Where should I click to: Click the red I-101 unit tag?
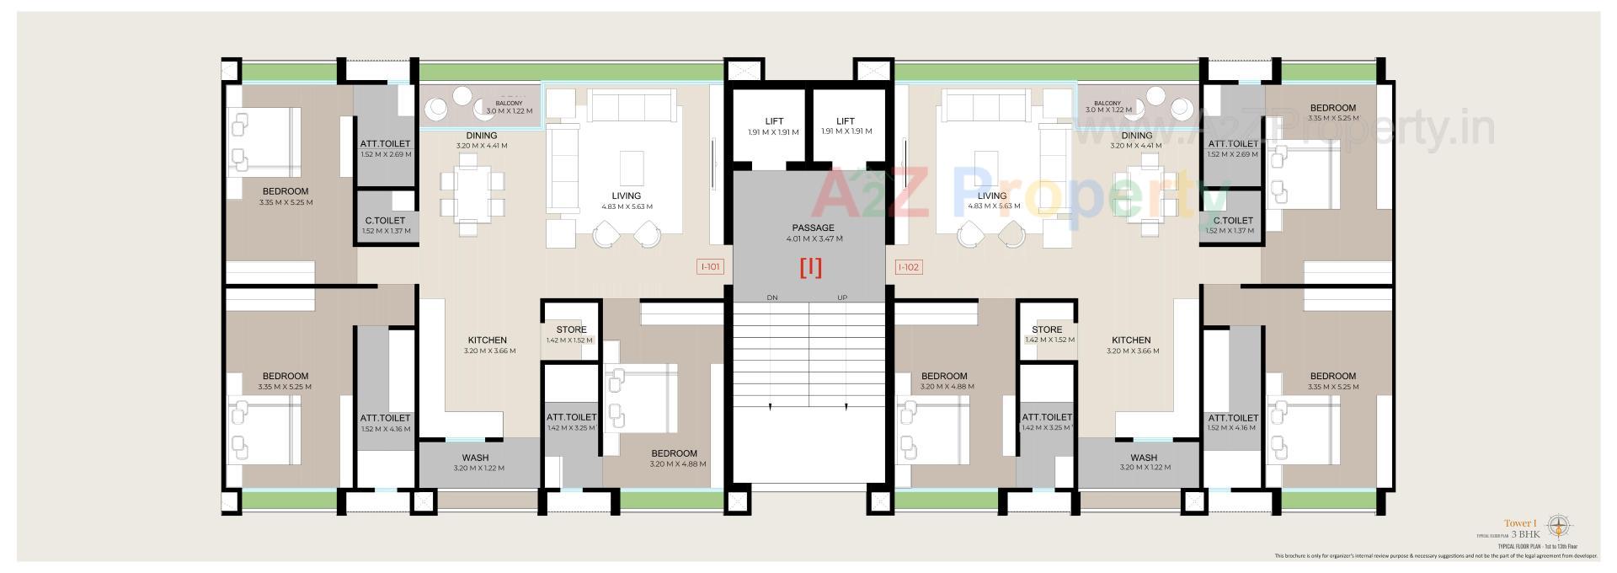(711, 267)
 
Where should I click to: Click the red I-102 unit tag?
(909, 267)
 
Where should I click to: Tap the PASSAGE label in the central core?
(813, 228)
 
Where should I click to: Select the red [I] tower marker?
(810, 268)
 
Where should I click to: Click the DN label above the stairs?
(772, 297)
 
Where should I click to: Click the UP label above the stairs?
(842, 297)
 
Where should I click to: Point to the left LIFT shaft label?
(774, 121)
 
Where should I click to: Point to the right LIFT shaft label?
(846, 121)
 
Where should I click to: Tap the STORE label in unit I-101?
(571, 329)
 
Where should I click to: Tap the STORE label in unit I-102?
(1047, 329)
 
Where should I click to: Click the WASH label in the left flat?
(475, 458)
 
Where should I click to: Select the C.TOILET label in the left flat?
(385, 221)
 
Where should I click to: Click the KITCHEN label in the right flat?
(1130, 340)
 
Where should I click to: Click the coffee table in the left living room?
(632, 169)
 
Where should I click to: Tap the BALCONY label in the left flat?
(509, 104)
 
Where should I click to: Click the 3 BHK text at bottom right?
(1525, 534)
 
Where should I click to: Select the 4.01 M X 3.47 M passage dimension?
(813, 238)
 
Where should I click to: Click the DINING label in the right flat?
(1136, 135)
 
